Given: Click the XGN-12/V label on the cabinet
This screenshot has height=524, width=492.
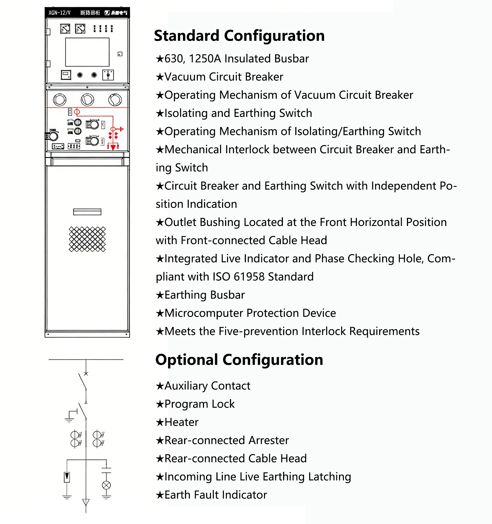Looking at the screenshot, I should pyautogui.click(x=60, y=13).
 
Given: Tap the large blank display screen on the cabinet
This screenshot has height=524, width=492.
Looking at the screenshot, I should pyautogui.click(x=87, y=52).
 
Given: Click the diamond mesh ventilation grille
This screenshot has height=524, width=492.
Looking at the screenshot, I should pyautogui.click(x=87, y=239).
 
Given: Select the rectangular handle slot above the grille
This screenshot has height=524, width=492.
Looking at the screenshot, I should pyautogui.click(x=87, y=212).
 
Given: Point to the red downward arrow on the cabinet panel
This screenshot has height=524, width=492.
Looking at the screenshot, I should pyautogui.click(x=113, y=147).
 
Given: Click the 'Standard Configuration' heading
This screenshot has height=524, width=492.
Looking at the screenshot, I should pyautogui.click(x=239, y=36).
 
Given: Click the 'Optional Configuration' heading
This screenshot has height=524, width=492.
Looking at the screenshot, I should pyautogui.click(x=239, y=360).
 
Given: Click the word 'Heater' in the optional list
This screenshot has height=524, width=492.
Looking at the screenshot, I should pyautogui.click(x=181, y=422).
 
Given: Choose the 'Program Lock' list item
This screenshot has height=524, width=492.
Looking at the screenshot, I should pyautogui.click(x=199, y=404).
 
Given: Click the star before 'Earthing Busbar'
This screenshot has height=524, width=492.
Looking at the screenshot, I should pyautogui.click(x=160, y=295).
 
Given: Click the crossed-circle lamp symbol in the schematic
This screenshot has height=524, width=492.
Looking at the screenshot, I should pyautogui.click(x=106, y=485).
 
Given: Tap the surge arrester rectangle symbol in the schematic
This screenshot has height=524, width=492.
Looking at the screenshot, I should pyautogui.click(x=67, y=477).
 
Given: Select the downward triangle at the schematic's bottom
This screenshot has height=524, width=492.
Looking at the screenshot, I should pyautogui.click(x=86, y=502).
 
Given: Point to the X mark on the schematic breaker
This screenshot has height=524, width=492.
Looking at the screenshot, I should pyautogui.click(x=86, y=373).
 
